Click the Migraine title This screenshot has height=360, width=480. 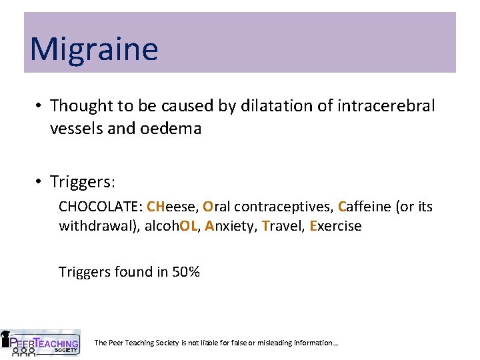pos(94,49)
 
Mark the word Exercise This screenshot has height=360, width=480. pos(335,226)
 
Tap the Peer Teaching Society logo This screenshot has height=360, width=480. pos(41,343)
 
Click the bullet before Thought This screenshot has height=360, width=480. pos(39,106)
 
